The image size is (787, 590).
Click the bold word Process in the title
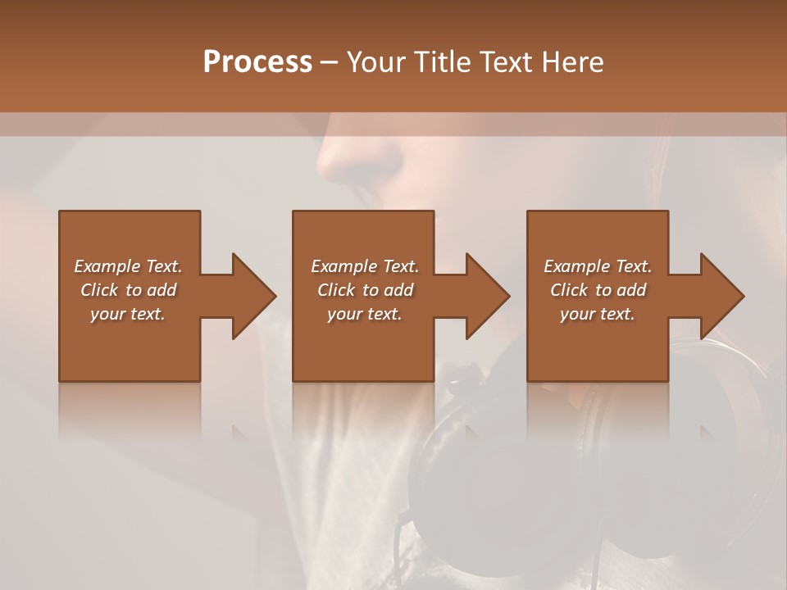257,62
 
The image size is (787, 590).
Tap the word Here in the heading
572,62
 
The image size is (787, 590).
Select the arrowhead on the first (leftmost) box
249,296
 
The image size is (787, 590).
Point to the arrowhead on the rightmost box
718,296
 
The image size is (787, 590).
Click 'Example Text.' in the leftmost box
128,266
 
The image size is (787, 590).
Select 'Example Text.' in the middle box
364,266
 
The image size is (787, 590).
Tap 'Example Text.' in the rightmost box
598,266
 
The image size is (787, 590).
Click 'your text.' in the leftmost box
128,314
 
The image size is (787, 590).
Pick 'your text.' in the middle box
364,314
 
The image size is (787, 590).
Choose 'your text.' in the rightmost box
598,314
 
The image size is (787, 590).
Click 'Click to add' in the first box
128,290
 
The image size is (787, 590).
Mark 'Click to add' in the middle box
364,290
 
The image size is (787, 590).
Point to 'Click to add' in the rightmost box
598,290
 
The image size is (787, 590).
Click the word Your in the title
376,62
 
